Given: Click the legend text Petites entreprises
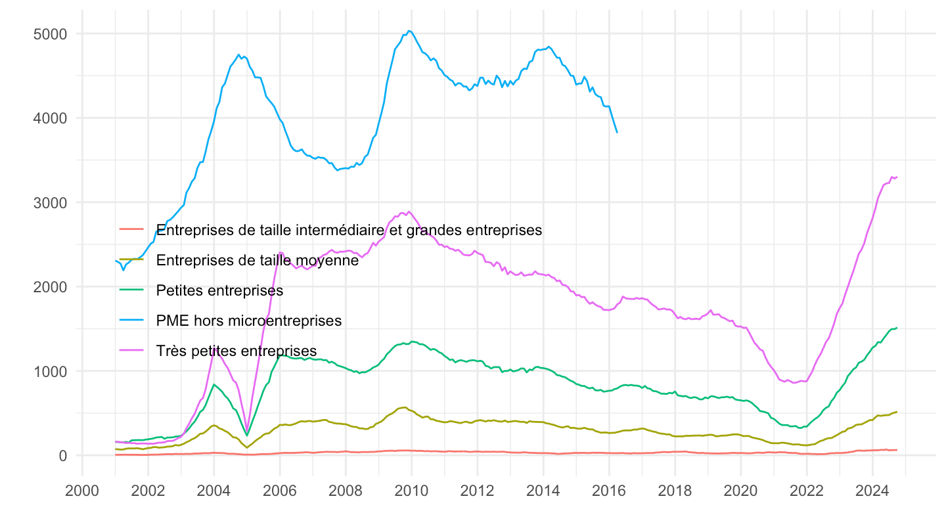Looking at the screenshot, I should pos(220,290).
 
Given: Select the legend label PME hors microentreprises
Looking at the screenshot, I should pos(250,321).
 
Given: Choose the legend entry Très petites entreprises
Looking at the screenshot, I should pos(237,351).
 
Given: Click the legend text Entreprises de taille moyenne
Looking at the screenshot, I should pos(258,260).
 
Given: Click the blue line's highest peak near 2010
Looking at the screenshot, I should pos(409,30).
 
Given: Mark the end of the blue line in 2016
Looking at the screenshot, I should pos(617,133).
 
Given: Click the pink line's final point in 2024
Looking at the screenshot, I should pos(897,177).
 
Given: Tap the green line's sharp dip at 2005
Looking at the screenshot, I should pos(247,435).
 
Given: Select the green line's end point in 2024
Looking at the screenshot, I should pos(897,328).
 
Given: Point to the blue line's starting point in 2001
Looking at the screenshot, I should pos(116,261).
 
